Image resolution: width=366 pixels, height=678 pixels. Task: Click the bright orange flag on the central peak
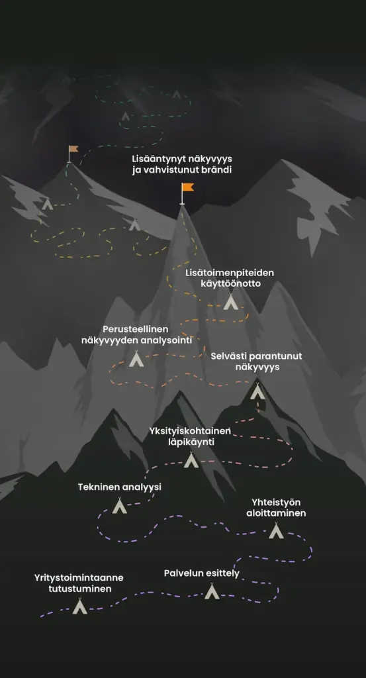[187, 188]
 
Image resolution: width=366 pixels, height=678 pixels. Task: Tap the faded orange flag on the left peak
[73, 149]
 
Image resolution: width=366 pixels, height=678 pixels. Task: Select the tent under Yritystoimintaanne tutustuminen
[79, 606]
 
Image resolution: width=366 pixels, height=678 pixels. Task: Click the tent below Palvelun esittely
[212, 591]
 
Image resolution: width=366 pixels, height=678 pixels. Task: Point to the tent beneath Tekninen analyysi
[119, 505]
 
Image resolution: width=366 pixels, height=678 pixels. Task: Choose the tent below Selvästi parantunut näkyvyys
[257, 391]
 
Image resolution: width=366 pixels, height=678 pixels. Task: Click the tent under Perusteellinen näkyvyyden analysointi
[136, 359]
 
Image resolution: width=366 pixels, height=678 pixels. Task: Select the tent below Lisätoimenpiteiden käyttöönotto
[231, 302]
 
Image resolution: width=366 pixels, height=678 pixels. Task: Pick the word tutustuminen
[80, 589]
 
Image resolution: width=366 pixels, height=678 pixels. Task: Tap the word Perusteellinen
[135, 330]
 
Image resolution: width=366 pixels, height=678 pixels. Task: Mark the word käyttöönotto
[230, 284]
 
